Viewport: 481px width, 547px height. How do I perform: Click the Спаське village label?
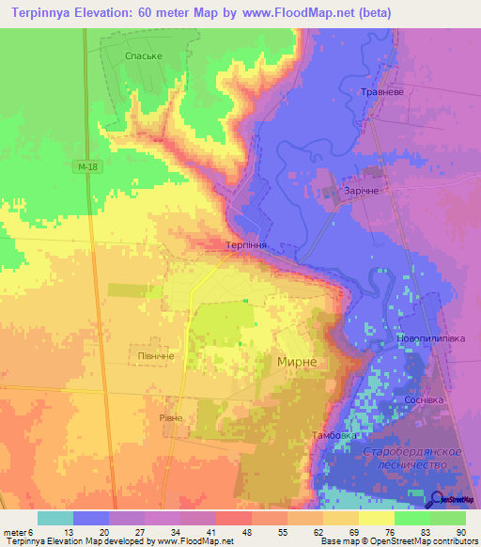point(144,56)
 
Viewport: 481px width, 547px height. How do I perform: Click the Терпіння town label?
point(248,244)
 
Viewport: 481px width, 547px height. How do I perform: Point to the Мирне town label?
point(303,362)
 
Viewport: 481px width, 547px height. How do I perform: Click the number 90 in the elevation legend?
point(460,531)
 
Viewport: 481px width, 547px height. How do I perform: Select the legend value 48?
point(246,531)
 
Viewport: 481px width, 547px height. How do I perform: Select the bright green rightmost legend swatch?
point(448,518)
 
